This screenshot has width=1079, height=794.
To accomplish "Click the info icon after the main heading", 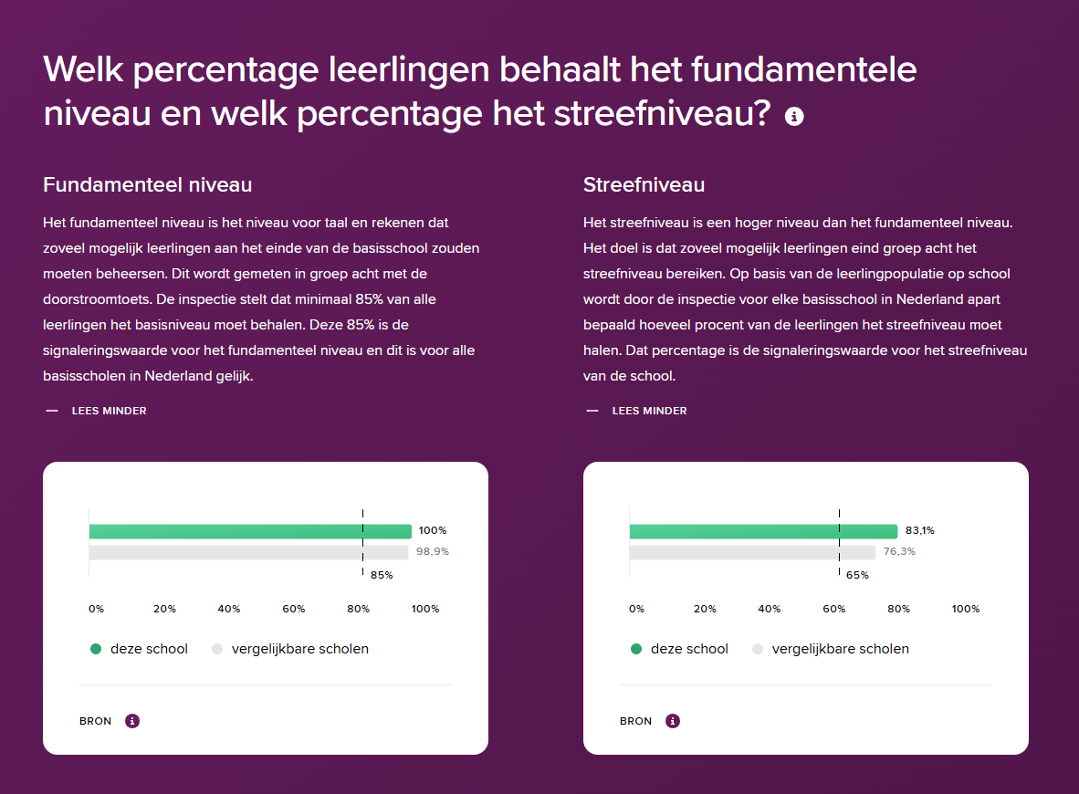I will [794, 117].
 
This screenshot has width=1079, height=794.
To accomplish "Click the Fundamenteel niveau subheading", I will [147, 184].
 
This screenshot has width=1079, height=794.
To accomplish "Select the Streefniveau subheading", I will [644, 184].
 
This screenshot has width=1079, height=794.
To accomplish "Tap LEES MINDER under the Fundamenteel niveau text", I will [109, 411].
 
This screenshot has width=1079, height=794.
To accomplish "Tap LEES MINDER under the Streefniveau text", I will [649, 411].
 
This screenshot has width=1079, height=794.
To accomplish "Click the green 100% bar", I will [250, 531].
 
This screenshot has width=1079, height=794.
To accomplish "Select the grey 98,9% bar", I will [248, 552].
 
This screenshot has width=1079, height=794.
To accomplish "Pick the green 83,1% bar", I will [763, 531].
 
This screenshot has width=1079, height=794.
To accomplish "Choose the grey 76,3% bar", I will [752, 552].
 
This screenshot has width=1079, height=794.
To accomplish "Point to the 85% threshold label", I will [382, 575].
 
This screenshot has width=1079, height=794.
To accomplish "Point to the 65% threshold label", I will [857, 575].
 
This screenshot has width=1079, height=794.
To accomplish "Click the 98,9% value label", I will [433, 552].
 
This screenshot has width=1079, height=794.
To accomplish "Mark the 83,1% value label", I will [920, 531].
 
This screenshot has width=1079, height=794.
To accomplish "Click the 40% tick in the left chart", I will [229, 609].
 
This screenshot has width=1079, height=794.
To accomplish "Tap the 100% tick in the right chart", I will [966, 609].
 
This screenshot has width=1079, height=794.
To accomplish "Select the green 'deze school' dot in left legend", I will [96, 649].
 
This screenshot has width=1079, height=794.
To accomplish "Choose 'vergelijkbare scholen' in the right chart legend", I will [840, 649].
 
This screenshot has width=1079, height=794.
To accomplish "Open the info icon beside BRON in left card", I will [132, 721].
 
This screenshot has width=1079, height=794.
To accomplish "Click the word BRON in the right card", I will [636, 721].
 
